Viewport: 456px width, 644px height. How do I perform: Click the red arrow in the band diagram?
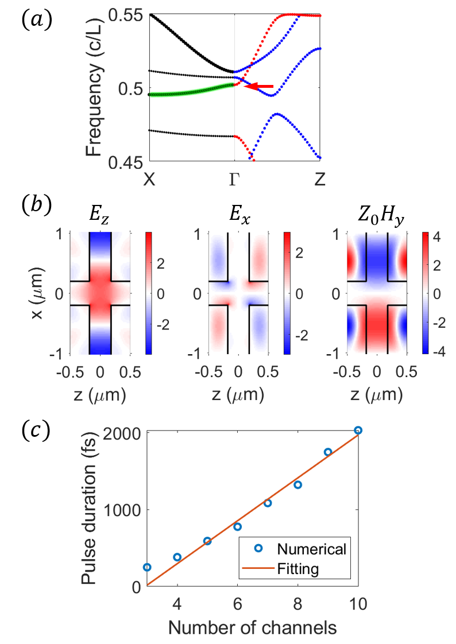pyautogui.click(x=259, y=86)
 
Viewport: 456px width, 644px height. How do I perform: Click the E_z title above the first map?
pyautogui.click(x=101, y=218)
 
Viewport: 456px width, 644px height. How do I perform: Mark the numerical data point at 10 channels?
pyautogui.click(x=358, y=430)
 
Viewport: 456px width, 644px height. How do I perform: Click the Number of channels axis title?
pyautogui.click(x=252, y=627)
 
